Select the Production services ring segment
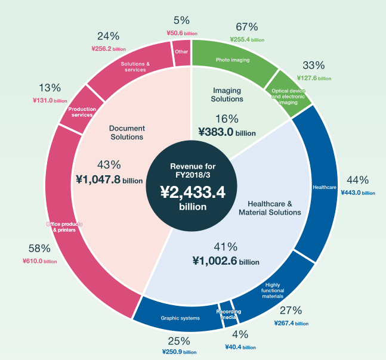[x=81, y=111]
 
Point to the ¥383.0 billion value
[x=227, y=133]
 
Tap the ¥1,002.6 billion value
[x=226, y=260]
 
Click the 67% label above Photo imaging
[x=246, y=27]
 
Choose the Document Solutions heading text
[x=126, y=132]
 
